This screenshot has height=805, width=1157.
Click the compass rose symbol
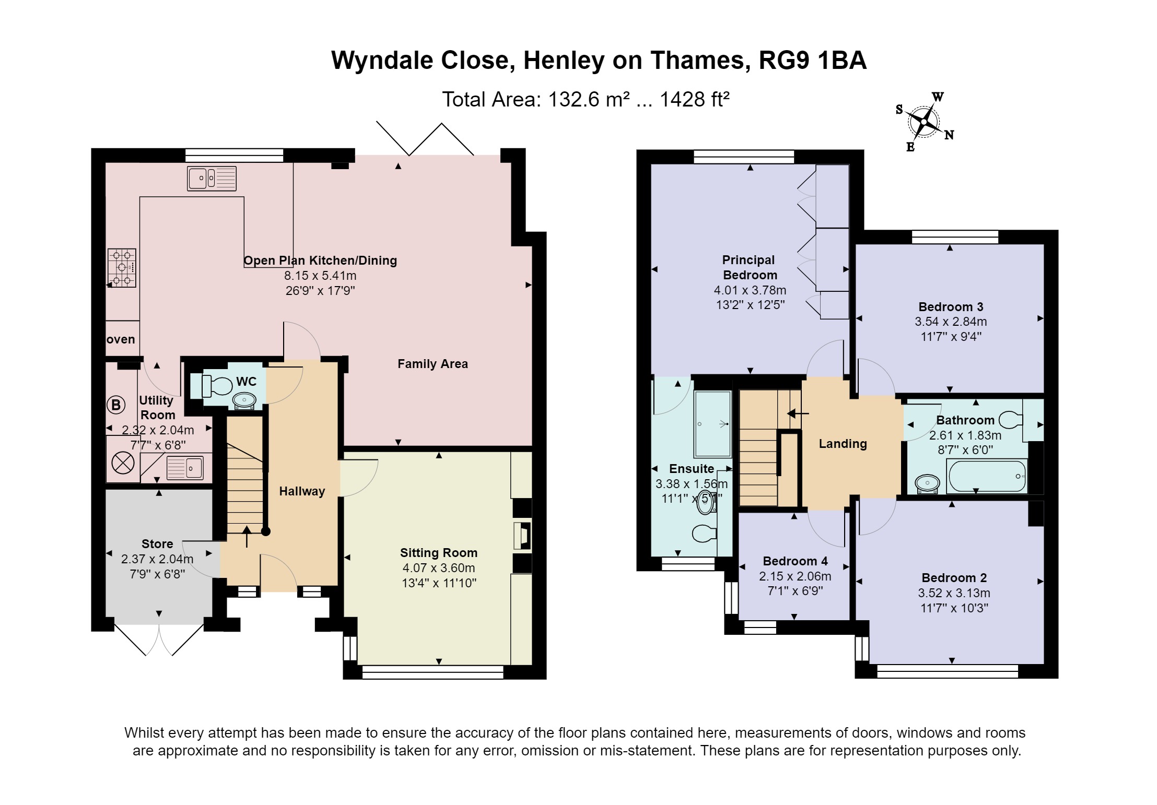click(924, 122)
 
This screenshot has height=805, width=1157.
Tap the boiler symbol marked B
click(116, 405)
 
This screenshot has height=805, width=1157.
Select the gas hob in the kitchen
click(122, 268)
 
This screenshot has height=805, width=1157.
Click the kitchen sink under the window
click(212, 179)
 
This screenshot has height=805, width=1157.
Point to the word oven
click(121, 339)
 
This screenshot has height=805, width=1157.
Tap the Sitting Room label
click(438, 553)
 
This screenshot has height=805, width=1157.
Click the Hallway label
click(302, 491)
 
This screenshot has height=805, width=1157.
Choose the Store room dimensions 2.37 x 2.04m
click(157, 559)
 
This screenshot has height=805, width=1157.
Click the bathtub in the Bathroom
click(986, 476)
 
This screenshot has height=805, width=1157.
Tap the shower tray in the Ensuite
click(712, 424)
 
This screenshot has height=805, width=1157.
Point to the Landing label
click(843, 444)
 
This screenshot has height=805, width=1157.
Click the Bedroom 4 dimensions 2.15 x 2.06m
click(794, 576)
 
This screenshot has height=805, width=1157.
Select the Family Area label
click(433, 364)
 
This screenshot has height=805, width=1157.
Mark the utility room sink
click(185, 467)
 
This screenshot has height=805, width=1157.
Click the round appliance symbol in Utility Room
click(123, 463)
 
